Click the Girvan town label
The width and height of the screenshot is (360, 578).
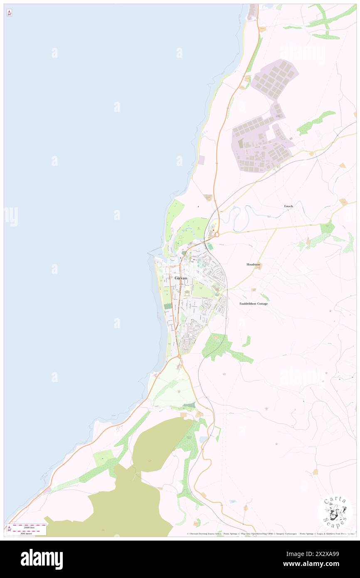click(181, 278)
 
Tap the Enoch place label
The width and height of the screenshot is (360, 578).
click(288, 206)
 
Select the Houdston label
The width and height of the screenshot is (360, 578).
click(253, 264)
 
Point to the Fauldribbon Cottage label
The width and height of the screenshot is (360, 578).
click(254, 304)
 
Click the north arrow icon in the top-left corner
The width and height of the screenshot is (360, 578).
click(9, 13)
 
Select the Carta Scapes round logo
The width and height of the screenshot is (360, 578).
click(335, 512)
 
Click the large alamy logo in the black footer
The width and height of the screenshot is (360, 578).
click(42, 559)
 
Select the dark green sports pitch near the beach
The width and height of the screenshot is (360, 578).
click(168, 306)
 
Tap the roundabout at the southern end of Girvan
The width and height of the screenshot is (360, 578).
click(179, 356)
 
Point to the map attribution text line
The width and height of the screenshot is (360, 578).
click(270, 534)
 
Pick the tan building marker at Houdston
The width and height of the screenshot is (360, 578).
click(259, 268)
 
